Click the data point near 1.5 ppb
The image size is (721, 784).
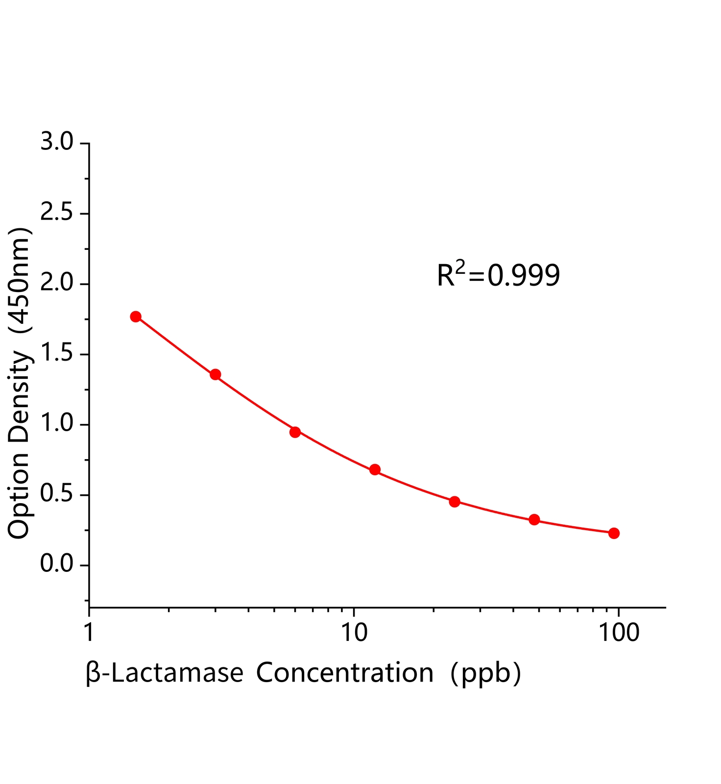(x=136, y=317)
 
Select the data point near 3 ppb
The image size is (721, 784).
(x=216, y=374)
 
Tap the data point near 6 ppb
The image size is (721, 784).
(x=295, y=432)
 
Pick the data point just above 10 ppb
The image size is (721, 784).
(x=375, y=469)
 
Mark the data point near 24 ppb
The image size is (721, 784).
(x=455, y=501)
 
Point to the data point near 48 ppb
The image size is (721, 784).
(x=534, y=519)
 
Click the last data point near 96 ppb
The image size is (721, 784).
(x=614, y=533)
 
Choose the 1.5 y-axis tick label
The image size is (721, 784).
(x=56, y=354)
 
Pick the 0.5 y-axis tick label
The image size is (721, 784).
(x=56, y=494)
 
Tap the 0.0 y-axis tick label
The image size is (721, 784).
(x=56, y=564)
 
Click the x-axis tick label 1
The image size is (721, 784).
(x=89, y=633)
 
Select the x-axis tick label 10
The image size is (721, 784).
(x=354, y=633)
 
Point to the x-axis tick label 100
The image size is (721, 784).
(x=619, y=633)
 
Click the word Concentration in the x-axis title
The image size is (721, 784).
(x=345, y=673)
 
